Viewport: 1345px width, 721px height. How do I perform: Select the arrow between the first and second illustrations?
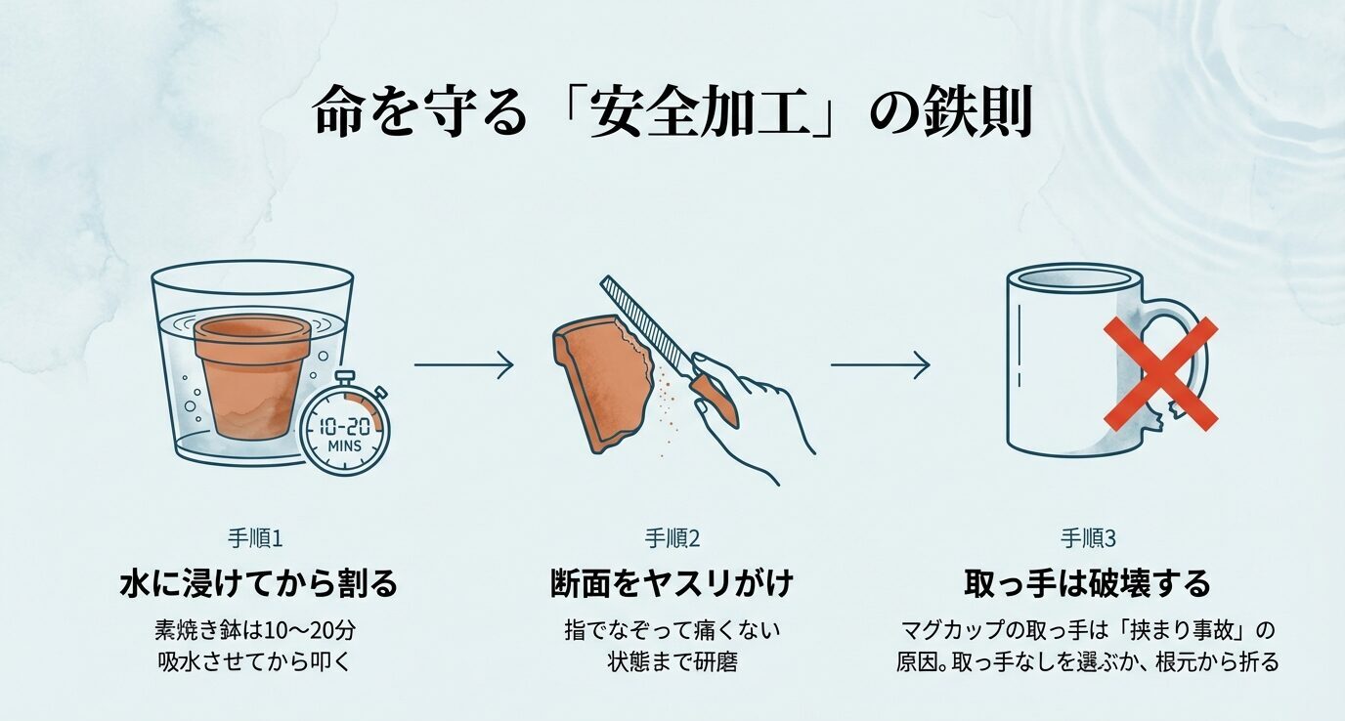[x=463, y=365]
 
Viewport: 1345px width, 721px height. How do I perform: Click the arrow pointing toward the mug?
[x=880, y=365]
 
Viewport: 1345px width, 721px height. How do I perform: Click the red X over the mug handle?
[x=1160, y=373]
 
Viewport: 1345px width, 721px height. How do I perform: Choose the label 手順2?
[x=672, y=538]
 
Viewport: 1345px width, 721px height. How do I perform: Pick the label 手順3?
[x=1087, y=538]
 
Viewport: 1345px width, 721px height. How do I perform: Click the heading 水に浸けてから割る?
[x=258, y=584]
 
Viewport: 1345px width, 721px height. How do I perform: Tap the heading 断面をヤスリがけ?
[x=672, y=584]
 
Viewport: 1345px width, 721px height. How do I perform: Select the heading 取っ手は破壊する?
[x=1087, y=584]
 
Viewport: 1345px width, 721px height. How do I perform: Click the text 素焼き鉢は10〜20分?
[x=258, y=628]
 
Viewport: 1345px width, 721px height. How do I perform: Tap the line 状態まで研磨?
[x=672, y=661]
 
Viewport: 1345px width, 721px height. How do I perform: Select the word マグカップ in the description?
[x=949, y=628]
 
